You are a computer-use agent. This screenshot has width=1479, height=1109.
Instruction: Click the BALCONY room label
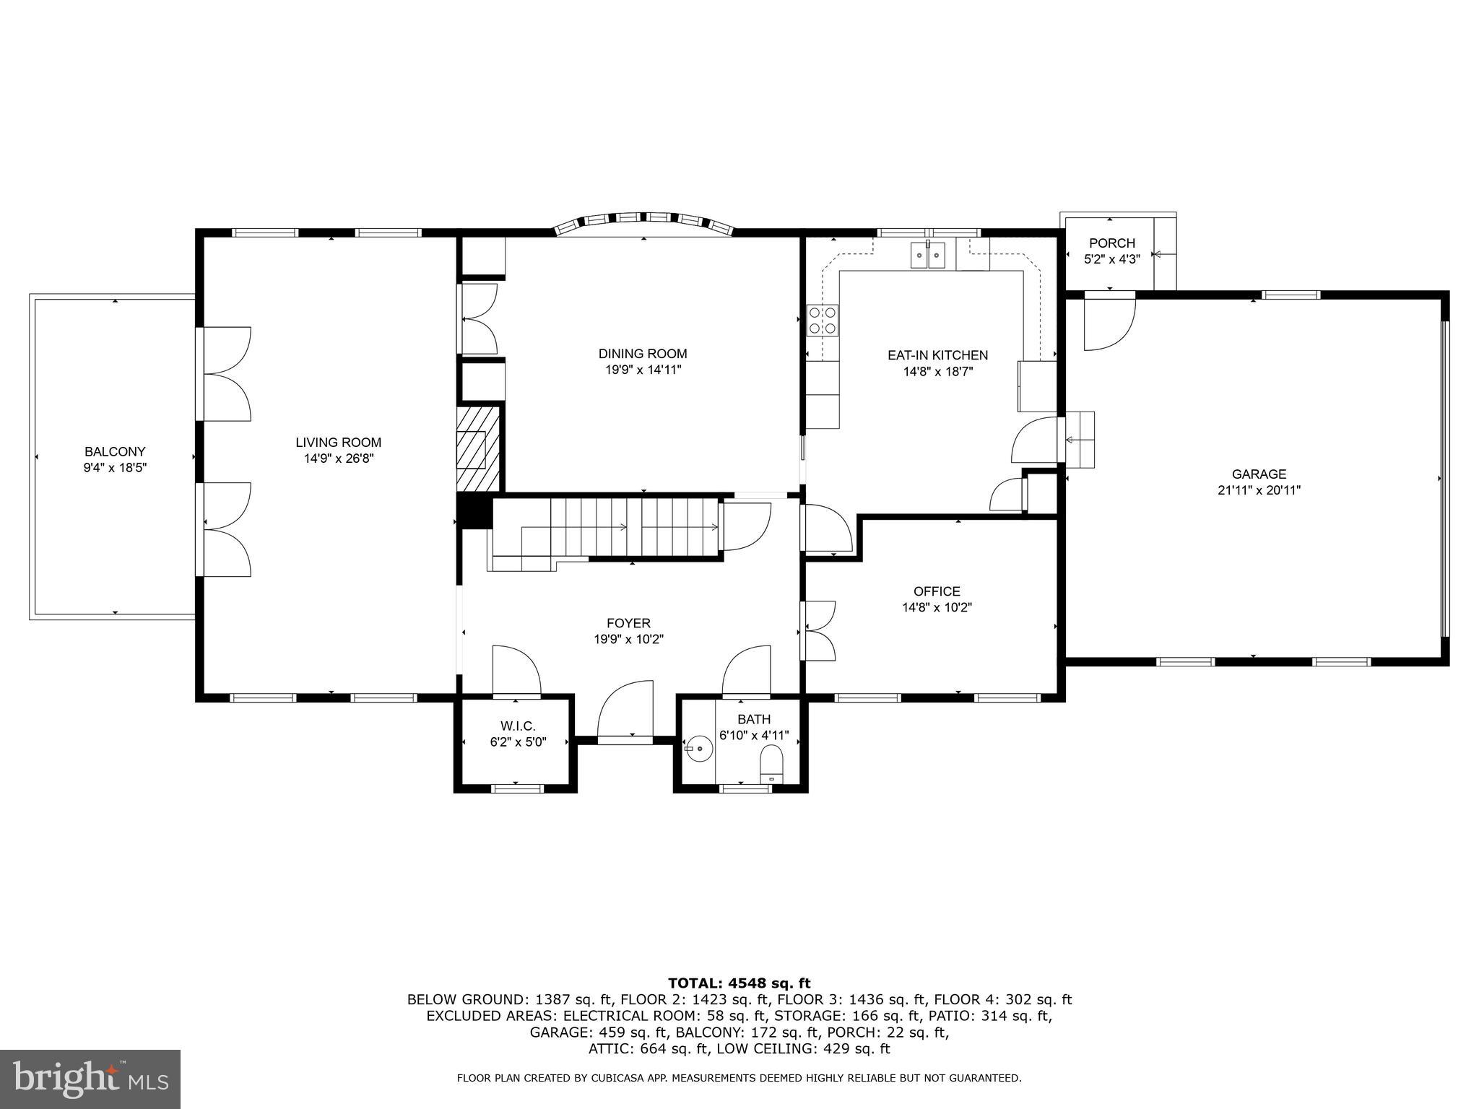click(115, 451)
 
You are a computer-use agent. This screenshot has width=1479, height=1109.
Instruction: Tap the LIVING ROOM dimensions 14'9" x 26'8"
click(338, 458)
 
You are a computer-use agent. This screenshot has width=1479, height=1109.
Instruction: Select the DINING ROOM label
click(642, 354)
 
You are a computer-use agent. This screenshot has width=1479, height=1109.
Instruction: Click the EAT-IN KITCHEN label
click(937, 355)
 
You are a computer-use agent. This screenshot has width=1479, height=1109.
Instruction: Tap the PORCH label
click(1111, 243)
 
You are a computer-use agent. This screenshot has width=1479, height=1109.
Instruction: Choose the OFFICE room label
click(937, 591)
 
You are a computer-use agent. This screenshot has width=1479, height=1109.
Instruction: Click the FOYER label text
click(628, 623)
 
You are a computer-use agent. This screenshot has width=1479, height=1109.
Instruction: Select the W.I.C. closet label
click(517, 726)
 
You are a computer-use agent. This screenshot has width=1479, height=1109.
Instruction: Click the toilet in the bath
click(771, 765)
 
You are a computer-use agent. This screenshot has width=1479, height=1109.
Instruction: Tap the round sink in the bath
click(698, 749)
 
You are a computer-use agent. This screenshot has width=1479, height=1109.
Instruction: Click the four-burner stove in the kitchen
click(823, 320)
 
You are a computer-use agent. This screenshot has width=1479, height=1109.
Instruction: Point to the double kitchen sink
click(927, 255)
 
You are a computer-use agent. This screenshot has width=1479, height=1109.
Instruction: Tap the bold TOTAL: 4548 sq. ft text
click(739, 983)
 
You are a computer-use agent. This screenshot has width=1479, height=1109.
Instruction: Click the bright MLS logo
click(90, 1079)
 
